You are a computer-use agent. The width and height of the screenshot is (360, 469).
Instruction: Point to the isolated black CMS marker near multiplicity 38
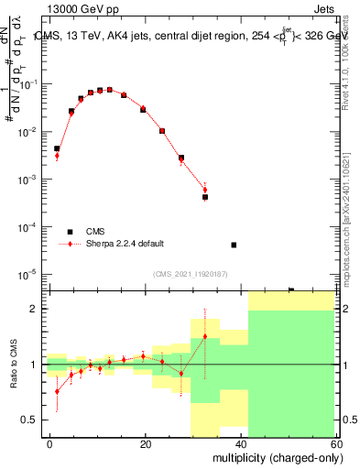[234, 245]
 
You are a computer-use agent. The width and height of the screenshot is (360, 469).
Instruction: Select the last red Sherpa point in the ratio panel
[205, 336]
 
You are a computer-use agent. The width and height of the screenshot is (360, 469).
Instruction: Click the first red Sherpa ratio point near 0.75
[57, 391]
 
